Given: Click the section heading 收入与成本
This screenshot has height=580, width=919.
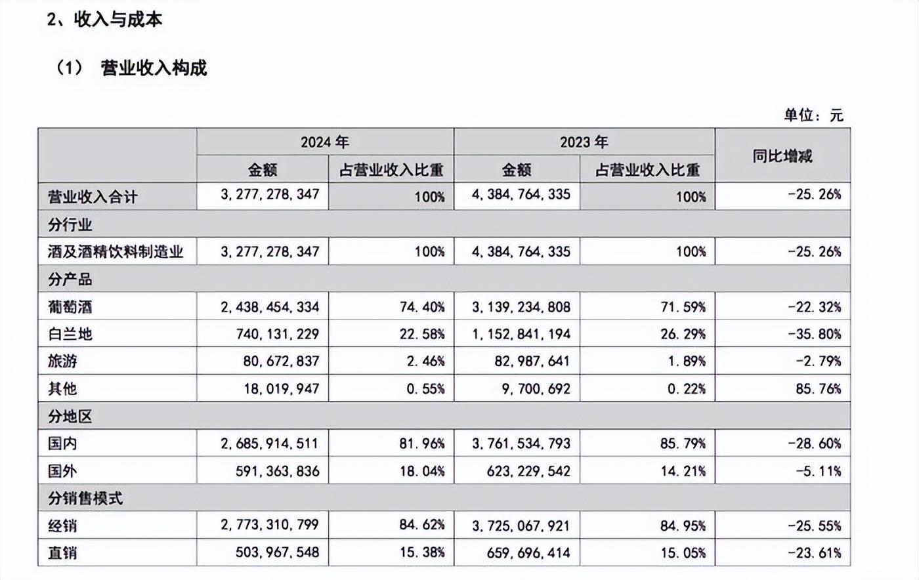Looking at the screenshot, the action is click(118, 19).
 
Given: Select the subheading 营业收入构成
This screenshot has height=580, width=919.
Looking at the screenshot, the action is click(154, 68).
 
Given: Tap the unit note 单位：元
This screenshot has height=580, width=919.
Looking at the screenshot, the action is click(814, 115).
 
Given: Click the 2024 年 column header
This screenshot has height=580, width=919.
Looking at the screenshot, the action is click(324, 142).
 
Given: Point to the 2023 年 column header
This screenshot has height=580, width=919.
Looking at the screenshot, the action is click(584, 142).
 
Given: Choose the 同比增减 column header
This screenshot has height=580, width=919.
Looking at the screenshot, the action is click(782, 156).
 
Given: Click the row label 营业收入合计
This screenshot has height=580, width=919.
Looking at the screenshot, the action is click(93, 197).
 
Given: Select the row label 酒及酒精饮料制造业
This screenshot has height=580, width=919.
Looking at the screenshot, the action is click(116, 251).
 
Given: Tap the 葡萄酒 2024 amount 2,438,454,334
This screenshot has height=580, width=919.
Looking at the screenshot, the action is click(270, 307).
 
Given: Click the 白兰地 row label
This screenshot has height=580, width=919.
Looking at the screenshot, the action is click(70, 335).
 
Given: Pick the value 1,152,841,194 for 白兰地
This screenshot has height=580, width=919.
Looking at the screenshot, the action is click(521, 335).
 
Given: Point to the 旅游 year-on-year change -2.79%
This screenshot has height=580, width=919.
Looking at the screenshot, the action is click(819, 361).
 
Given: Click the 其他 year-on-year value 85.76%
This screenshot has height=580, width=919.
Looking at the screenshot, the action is click(819, 388).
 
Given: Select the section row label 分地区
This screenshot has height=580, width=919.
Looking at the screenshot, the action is click(70, 417).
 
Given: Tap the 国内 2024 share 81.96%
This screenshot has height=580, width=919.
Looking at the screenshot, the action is click(422, 444).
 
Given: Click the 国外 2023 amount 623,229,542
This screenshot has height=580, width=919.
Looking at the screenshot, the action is click(528, 471).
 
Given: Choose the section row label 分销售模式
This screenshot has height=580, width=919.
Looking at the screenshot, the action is click(85, 499).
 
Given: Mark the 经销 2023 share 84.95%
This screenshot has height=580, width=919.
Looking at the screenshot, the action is click(683, 526).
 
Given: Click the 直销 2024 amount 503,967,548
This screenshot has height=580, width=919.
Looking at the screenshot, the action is click(277, 552).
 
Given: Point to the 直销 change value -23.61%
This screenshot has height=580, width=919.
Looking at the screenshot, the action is click(815, 553).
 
